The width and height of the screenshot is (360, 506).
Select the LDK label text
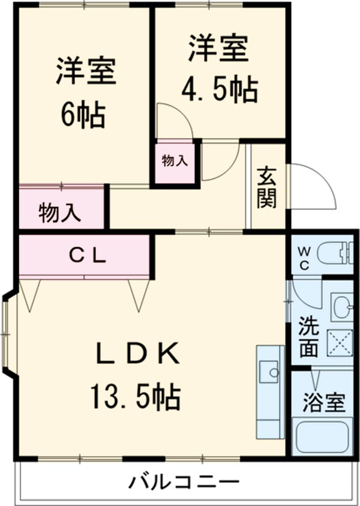[138, 355]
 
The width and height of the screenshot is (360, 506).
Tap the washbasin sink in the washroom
[343, 306]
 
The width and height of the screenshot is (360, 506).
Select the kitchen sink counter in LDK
[269, 390]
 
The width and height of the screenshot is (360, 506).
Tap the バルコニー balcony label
[184, 482]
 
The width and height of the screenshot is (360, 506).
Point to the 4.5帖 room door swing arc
[174, 120]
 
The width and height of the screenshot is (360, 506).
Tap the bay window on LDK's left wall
[8, 334]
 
